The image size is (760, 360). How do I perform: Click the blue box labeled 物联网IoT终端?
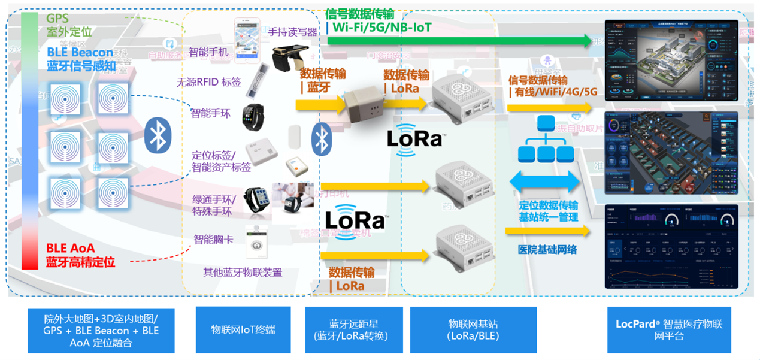click(243, 329)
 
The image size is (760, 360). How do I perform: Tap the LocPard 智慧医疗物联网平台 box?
click(668, 329)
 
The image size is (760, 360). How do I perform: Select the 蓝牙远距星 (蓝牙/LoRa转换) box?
click(350, 329)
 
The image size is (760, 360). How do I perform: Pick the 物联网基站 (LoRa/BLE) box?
click(473, 329)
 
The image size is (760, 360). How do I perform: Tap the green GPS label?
click(57, 19)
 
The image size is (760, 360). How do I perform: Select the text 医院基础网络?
click(547, 249)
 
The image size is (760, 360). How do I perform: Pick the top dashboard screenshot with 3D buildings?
click(670, 60)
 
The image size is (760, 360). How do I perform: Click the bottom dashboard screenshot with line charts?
click(670, 246)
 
